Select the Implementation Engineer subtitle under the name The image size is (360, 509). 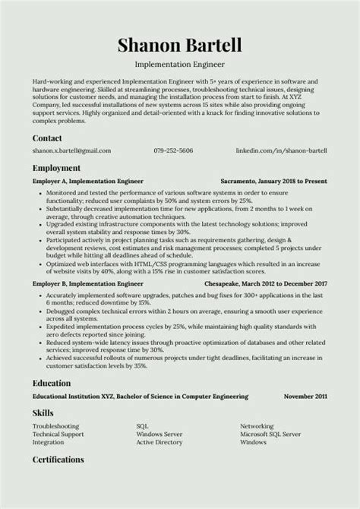point(179,65)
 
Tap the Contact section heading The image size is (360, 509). point(48,117)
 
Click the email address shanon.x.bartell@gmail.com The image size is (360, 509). point(71,130)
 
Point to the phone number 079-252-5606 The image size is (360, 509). point(172,130)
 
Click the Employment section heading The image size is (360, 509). point(56,147)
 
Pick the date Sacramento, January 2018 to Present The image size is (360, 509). point(273,160)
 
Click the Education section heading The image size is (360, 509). point(52,383)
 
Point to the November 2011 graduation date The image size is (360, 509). point(305,397)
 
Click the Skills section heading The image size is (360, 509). point(43,413)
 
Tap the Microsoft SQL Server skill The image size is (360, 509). point(270,434)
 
